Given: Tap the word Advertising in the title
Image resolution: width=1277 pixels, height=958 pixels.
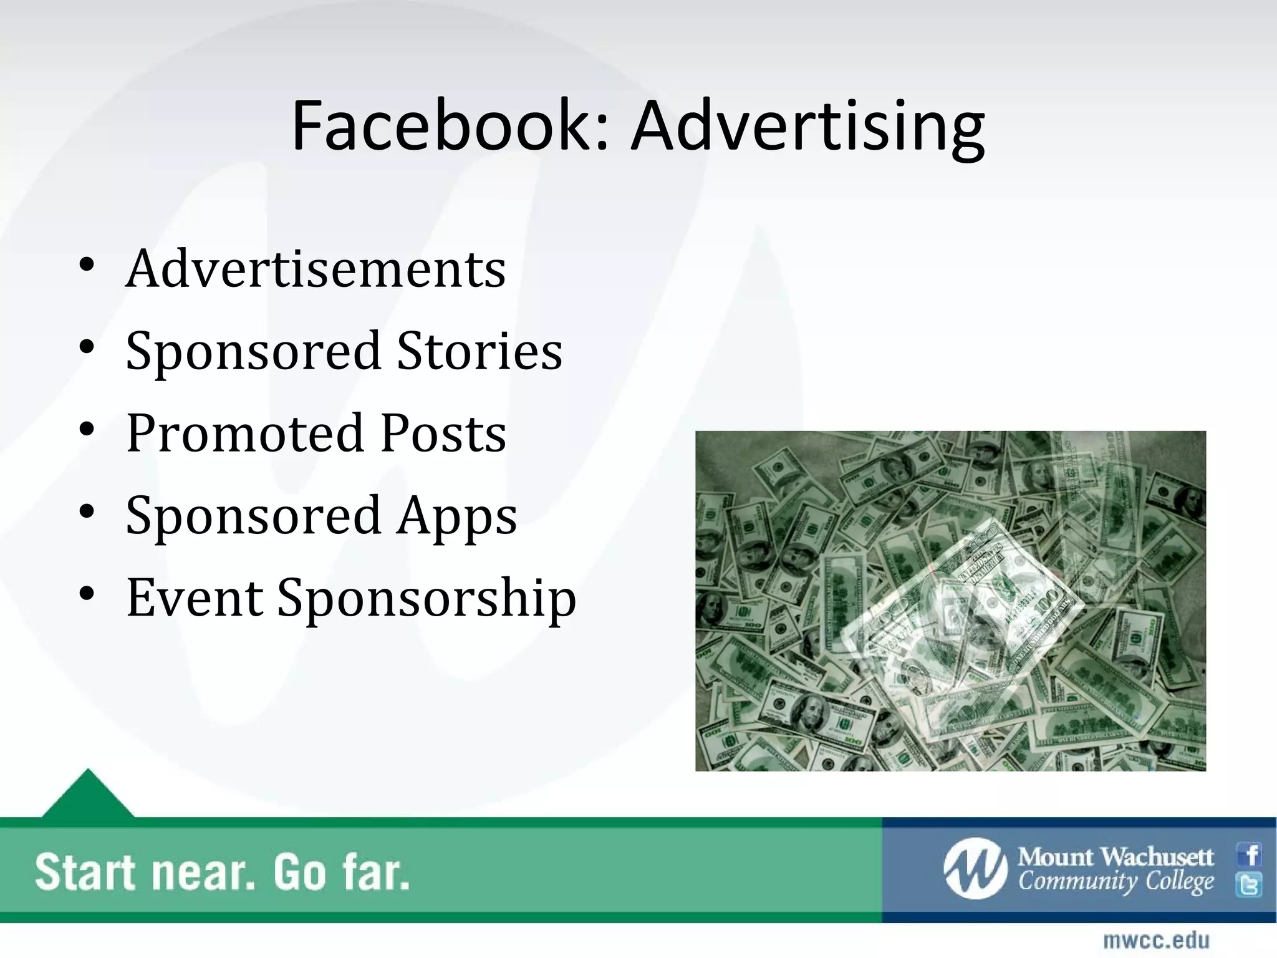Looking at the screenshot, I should coord(807,126).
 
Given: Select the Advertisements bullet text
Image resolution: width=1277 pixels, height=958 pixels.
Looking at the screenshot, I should coord(316,269).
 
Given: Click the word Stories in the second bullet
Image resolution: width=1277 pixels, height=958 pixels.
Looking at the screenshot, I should coord(479,351).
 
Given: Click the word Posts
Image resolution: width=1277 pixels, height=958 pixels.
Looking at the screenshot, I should coord(443,433).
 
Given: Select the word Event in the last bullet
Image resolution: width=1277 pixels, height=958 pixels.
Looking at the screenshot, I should coord(194,598).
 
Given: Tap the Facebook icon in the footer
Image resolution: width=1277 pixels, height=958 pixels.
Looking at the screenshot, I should coord(1250,854).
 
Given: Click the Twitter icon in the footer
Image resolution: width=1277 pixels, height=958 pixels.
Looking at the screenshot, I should coord(1250,885).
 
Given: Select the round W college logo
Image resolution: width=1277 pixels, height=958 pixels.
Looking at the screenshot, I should coord(975,869).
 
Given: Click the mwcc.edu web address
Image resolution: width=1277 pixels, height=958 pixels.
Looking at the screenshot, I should coord(1156,940).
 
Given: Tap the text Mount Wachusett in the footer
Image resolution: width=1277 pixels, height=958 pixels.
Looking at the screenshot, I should coord(1116,857).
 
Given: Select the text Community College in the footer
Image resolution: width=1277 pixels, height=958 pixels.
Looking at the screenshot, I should coord(1116,882).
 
